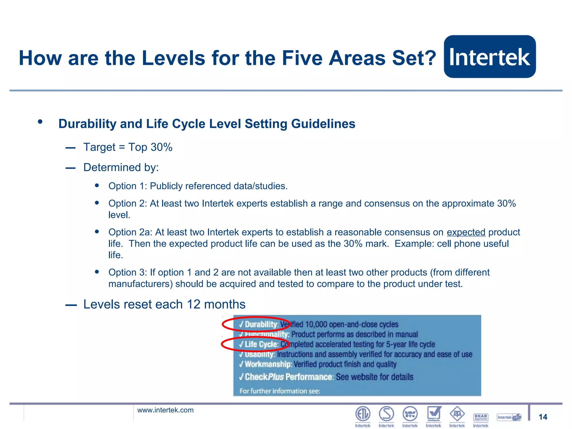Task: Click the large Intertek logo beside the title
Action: (x=490, y=56)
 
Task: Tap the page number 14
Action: (x=543, y=417)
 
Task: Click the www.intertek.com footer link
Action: (x=165, y=410)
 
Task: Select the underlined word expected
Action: (x=466, y=232)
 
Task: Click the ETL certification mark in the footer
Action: (x=363, y=414)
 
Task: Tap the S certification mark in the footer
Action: (x=386, y=414)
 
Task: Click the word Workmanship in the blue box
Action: (x=268, y=364)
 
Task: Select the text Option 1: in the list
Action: (x=128, y=186)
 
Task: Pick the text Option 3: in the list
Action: (x=128, y=272)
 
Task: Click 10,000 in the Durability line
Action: (x=316, y=324)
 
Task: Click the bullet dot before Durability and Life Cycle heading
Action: (x=40, y=121)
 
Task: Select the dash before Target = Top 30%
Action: (x=70, y=148)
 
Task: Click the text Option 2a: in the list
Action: (x=130, y=232)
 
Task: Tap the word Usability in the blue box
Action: (x=260, y=354)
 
